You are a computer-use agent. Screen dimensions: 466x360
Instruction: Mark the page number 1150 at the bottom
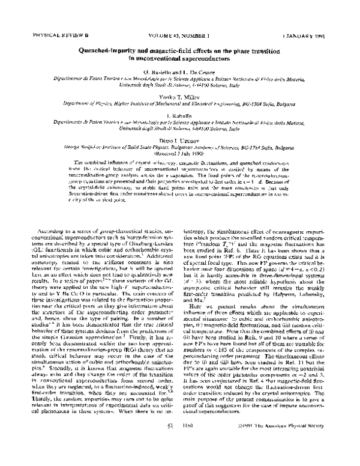186,442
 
